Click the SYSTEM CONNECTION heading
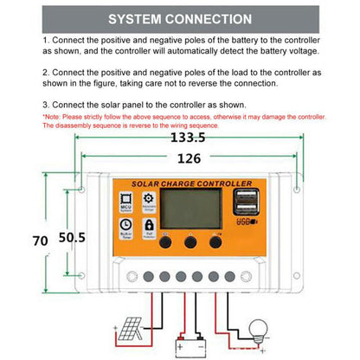[x=179, y=18]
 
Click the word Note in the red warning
[x=53, y=116]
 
